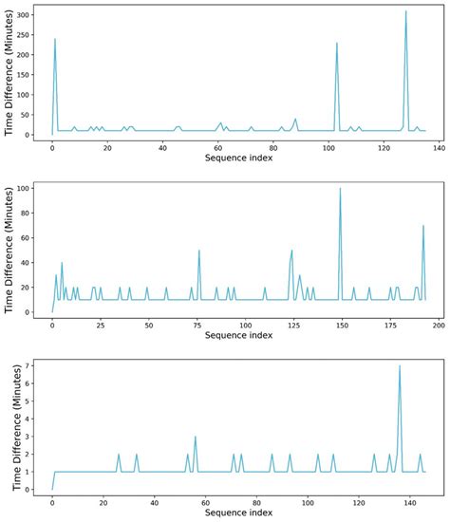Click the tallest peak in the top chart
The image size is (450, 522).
[405, 11]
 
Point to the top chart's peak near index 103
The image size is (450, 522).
[337, 42]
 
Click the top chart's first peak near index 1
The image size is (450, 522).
[55, 39]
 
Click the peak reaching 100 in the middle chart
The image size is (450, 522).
[340, 188]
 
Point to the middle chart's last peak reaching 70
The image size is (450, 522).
[423, 225]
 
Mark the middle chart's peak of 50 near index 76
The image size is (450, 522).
[199, 250]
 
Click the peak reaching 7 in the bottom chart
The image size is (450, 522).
[400, 365]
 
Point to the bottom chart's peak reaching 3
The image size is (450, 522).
[195, 437]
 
